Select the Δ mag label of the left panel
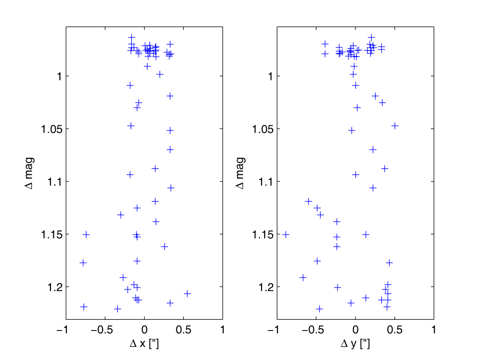29,173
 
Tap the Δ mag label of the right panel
240,173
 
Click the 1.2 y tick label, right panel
263,287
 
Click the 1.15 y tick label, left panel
49,234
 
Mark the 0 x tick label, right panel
355,330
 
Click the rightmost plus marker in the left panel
187,294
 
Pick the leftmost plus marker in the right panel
286,234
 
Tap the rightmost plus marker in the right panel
395,125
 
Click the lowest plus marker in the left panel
117,309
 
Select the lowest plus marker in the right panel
320,309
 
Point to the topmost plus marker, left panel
131,37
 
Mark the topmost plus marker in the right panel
371,37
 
